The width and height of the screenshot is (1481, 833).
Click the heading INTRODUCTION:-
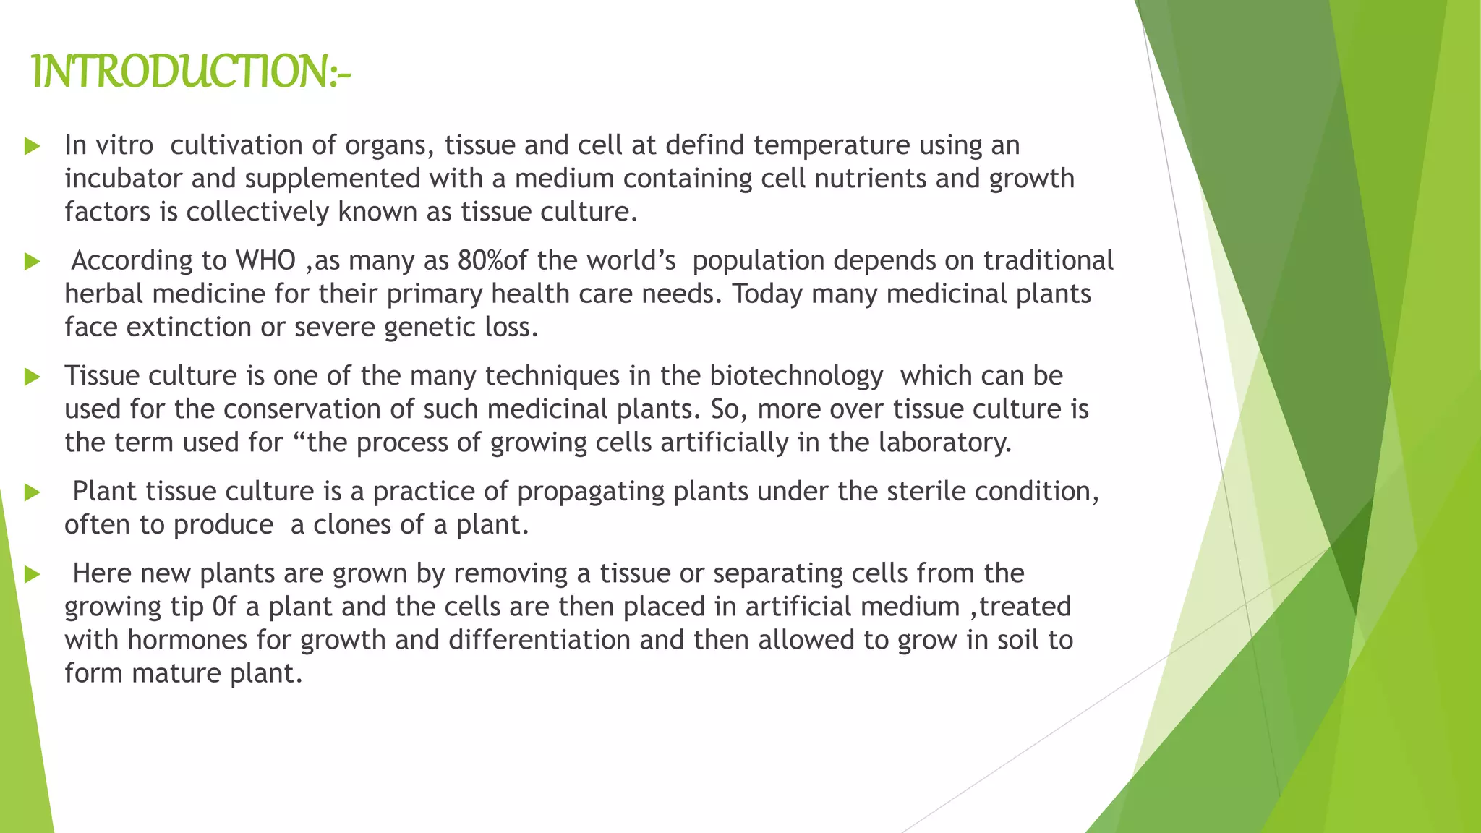tap(192, 72)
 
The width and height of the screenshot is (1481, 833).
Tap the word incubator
tap(123, 179)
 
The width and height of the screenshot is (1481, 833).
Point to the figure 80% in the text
tap(479, 260)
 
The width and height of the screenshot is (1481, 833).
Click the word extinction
tap(189, 328)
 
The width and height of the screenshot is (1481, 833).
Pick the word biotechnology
tap(796, 376)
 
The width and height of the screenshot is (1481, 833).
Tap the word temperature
tap(832, 145)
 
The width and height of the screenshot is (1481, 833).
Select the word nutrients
tap(871, 179)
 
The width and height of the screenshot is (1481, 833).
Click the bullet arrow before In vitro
tap(32, 146)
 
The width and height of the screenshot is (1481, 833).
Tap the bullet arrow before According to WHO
tap(32, 261)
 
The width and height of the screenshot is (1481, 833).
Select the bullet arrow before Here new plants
tap(32, 574)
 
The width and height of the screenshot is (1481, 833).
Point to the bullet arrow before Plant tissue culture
tap(32, 492)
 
